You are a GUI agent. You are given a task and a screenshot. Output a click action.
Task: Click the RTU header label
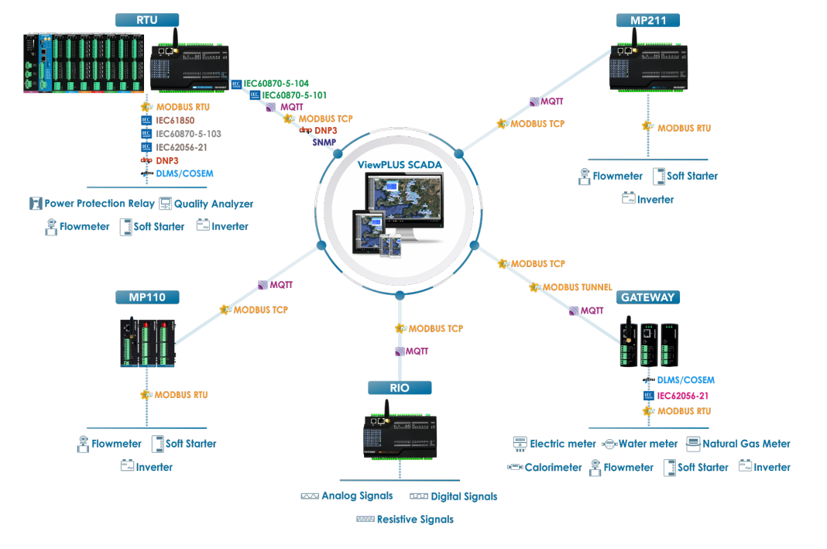click(x=147, y=20)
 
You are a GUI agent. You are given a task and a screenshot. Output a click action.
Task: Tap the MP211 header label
click(x=647, y=20)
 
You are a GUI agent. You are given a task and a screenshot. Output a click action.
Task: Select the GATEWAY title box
click(x=647, y=297)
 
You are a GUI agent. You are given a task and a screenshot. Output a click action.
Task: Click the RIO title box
click(x=400, y=388)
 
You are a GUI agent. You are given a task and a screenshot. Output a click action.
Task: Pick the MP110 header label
click(x=147, y=297)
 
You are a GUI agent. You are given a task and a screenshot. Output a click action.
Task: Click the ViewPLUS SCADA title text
click(x=400, y=164)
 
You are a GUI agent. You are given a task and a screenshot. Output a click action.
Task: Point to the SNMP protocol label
click(x=324, y=142)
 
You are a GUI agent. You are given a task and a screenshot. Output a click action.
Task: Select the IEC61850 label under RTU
click(x=175, y=120)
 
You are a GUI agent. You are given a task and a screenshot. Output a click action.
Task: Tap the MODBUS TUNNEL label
click(x=577, y=287)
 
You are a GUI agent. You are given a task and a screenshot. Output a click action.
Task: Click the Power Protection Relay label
click(x=99, y=204)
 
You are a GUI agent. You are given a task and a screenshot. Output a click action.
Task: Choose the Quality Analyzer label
click(x=214, y=204)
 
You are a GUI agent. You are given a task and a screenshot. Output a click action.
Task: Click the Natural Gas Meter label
click(x=746, y=444)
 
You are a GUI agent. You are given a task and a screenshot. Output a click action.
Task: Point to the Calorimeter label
click(x=553, y=467)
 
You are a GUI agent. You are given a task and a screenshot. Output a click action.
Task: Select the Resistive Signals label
click(x=415, y=520)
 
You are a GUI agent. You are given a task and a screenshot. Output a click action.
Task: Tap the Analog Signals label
click(x=357, y=496)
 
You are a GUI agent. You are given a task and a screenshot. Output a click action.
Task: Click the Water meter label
click(x=648, y=444)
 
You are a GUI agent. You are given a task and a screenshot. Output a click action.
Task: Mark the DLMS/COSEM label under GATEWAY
click(x=685, y=379)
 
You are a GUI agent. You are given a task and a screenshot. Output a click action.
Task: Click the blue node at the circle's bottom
click(x=400, y=295)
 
